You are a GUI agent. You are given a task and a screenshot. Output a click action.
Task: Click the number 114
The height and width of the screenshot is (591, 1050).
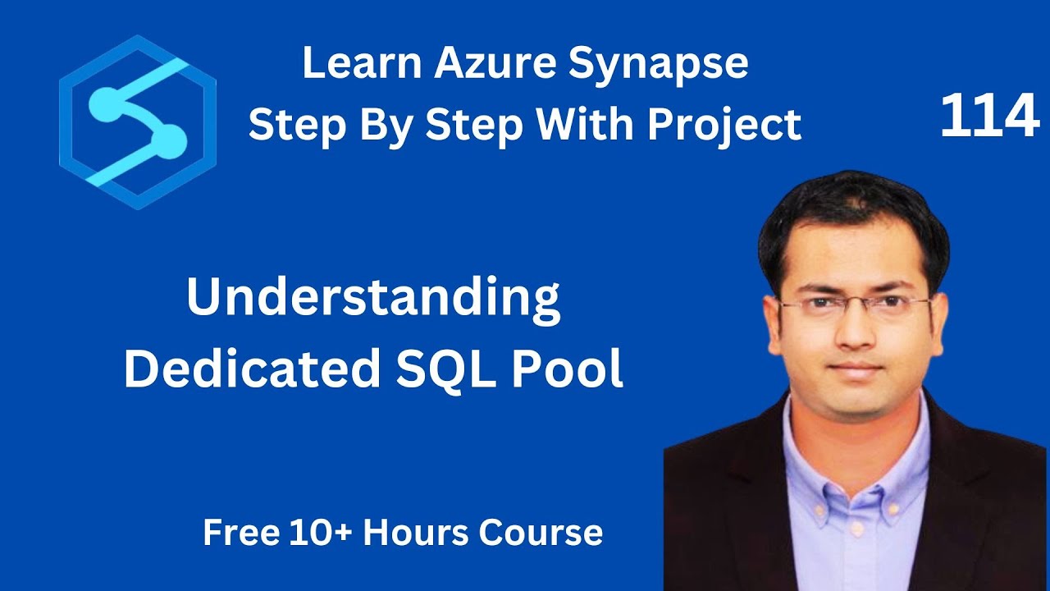tap(989, 117)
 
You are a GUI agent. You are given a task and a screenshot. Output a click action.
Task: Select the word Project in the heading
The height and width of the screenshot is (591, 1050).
tap(724, 126)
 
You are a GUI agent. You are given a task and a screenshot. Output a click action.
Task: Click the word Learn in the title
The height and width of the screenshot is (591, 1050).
tap(349, 64)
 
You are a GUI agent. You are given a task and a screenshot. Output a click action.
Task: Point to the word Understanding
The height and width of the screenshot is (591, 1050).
tap(373, 300)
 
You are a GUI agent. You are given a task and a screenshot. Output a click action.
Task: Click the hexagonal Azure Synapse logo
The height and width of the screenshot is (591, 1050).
tap(138, 122)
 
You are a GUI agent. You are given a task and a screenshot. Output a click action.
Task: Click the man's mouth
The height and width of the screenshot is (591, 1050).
tap(856, 367)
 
